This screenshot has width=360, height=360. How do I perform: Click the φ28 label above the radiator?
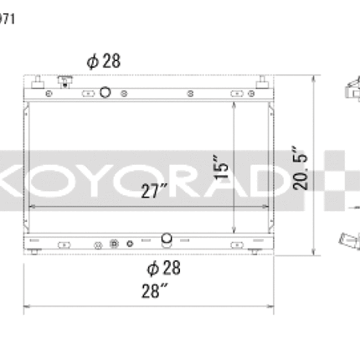point(104,61)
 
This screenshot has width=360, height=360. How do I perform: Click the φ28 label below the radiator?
point(164,268)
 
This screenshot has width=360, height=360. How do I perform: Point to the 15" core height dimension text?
point(220,167)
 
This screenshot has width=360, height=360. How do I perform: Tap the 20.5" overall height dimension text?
point(300,168)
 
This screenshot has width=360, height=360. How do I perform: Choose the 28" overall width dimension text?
point(155,291)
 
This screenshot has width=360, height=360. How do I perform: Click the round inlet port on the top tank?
point(105,92)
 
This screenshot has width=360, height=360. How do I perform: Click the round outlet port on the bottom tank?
point(167,239)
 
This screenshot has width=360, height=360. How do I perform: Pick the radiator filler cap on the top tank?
point(64,81)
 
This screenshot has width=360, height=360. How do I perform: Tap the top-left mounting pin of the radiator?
point(38,82)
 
